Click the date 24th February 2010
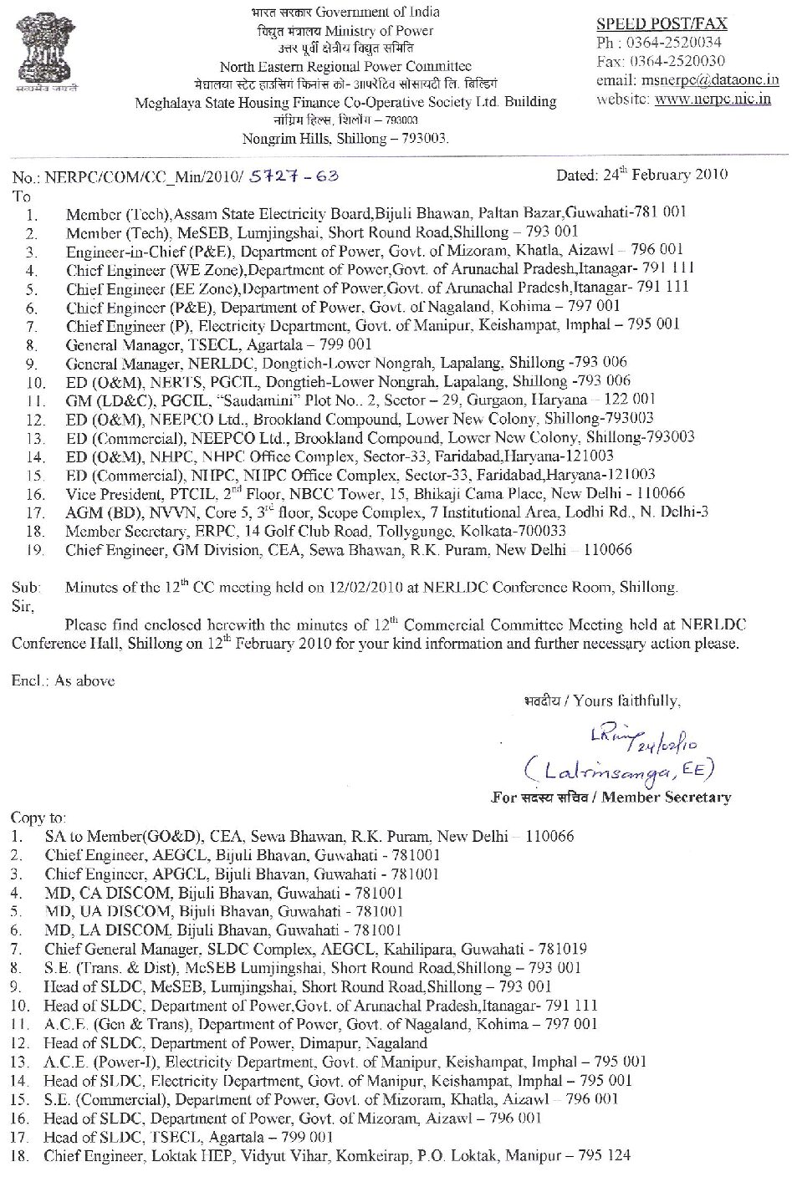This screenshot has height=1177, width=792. [x=641, y=175]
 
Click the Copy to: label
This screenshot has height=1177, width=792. [x=38, y=818]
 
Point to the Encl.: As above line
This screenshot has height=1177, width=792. [x=64, y=680]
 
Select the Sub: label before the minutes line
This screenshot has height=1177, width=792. [x=26, y=588]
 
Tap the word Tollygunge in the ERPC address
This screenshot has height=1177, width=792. [x=413, y=532]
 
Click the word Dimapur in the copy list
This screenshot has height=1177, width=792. [x=326, y=1043]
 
